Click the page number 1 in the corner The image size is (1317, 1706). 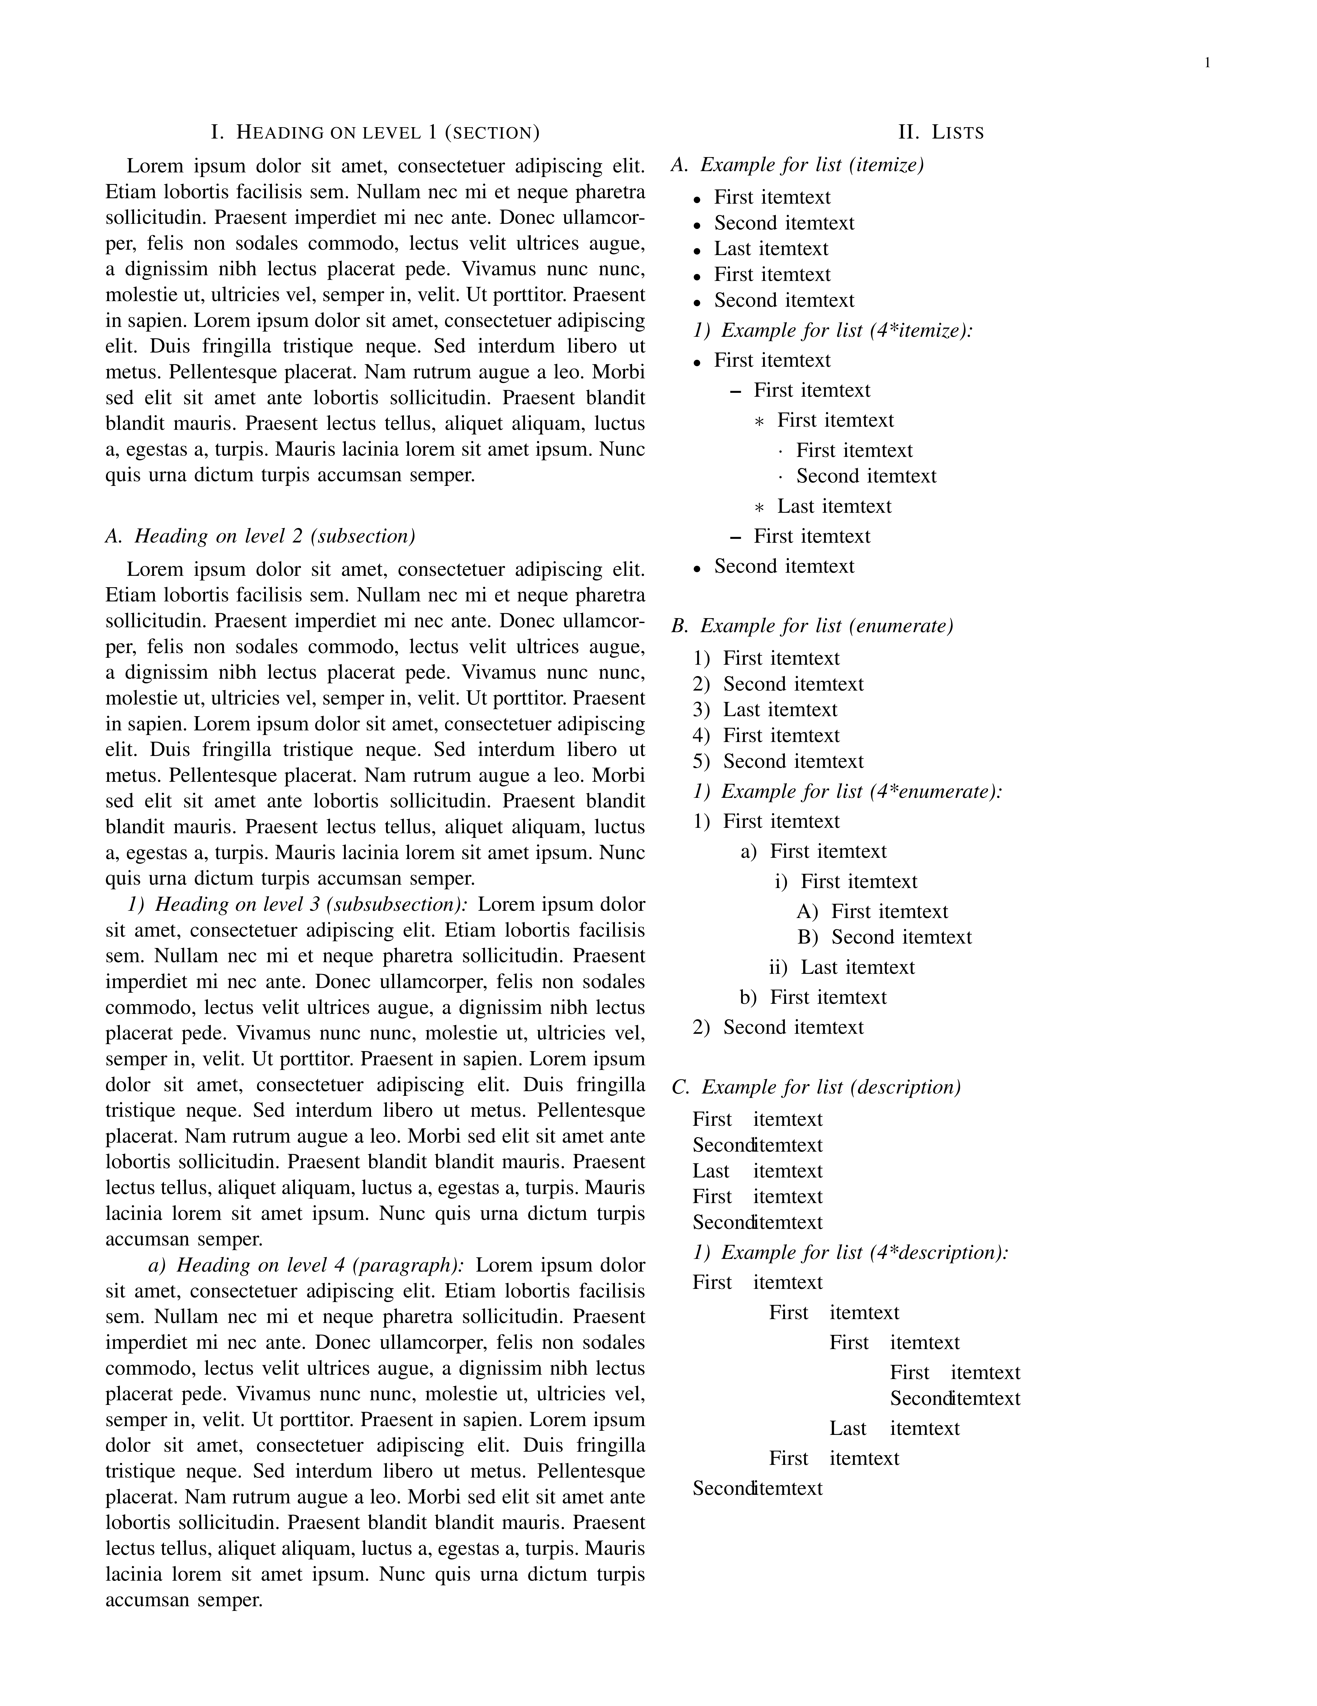coord(1207,63)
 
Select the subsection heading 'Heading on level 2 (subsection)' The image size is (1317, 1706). coord(260,537)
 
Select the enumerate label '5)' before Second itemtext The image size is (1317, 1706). coord(701,762)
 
